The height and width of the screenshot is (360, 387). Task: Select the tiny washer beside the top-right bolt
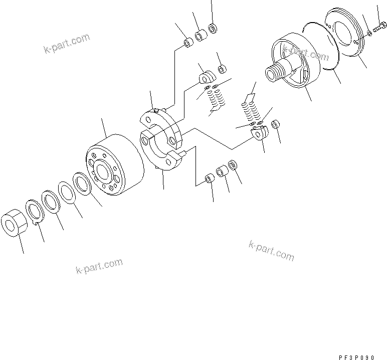click(x=369, y=33)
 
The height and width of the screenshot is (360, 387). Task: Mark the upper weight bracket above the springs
click(x=207, y=77)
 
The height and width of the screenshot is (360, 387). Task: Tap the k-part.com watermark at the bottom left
click(x=99, y=266)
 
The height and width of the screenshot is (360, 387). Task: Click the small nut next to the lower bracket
click(x=275, y=124)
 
